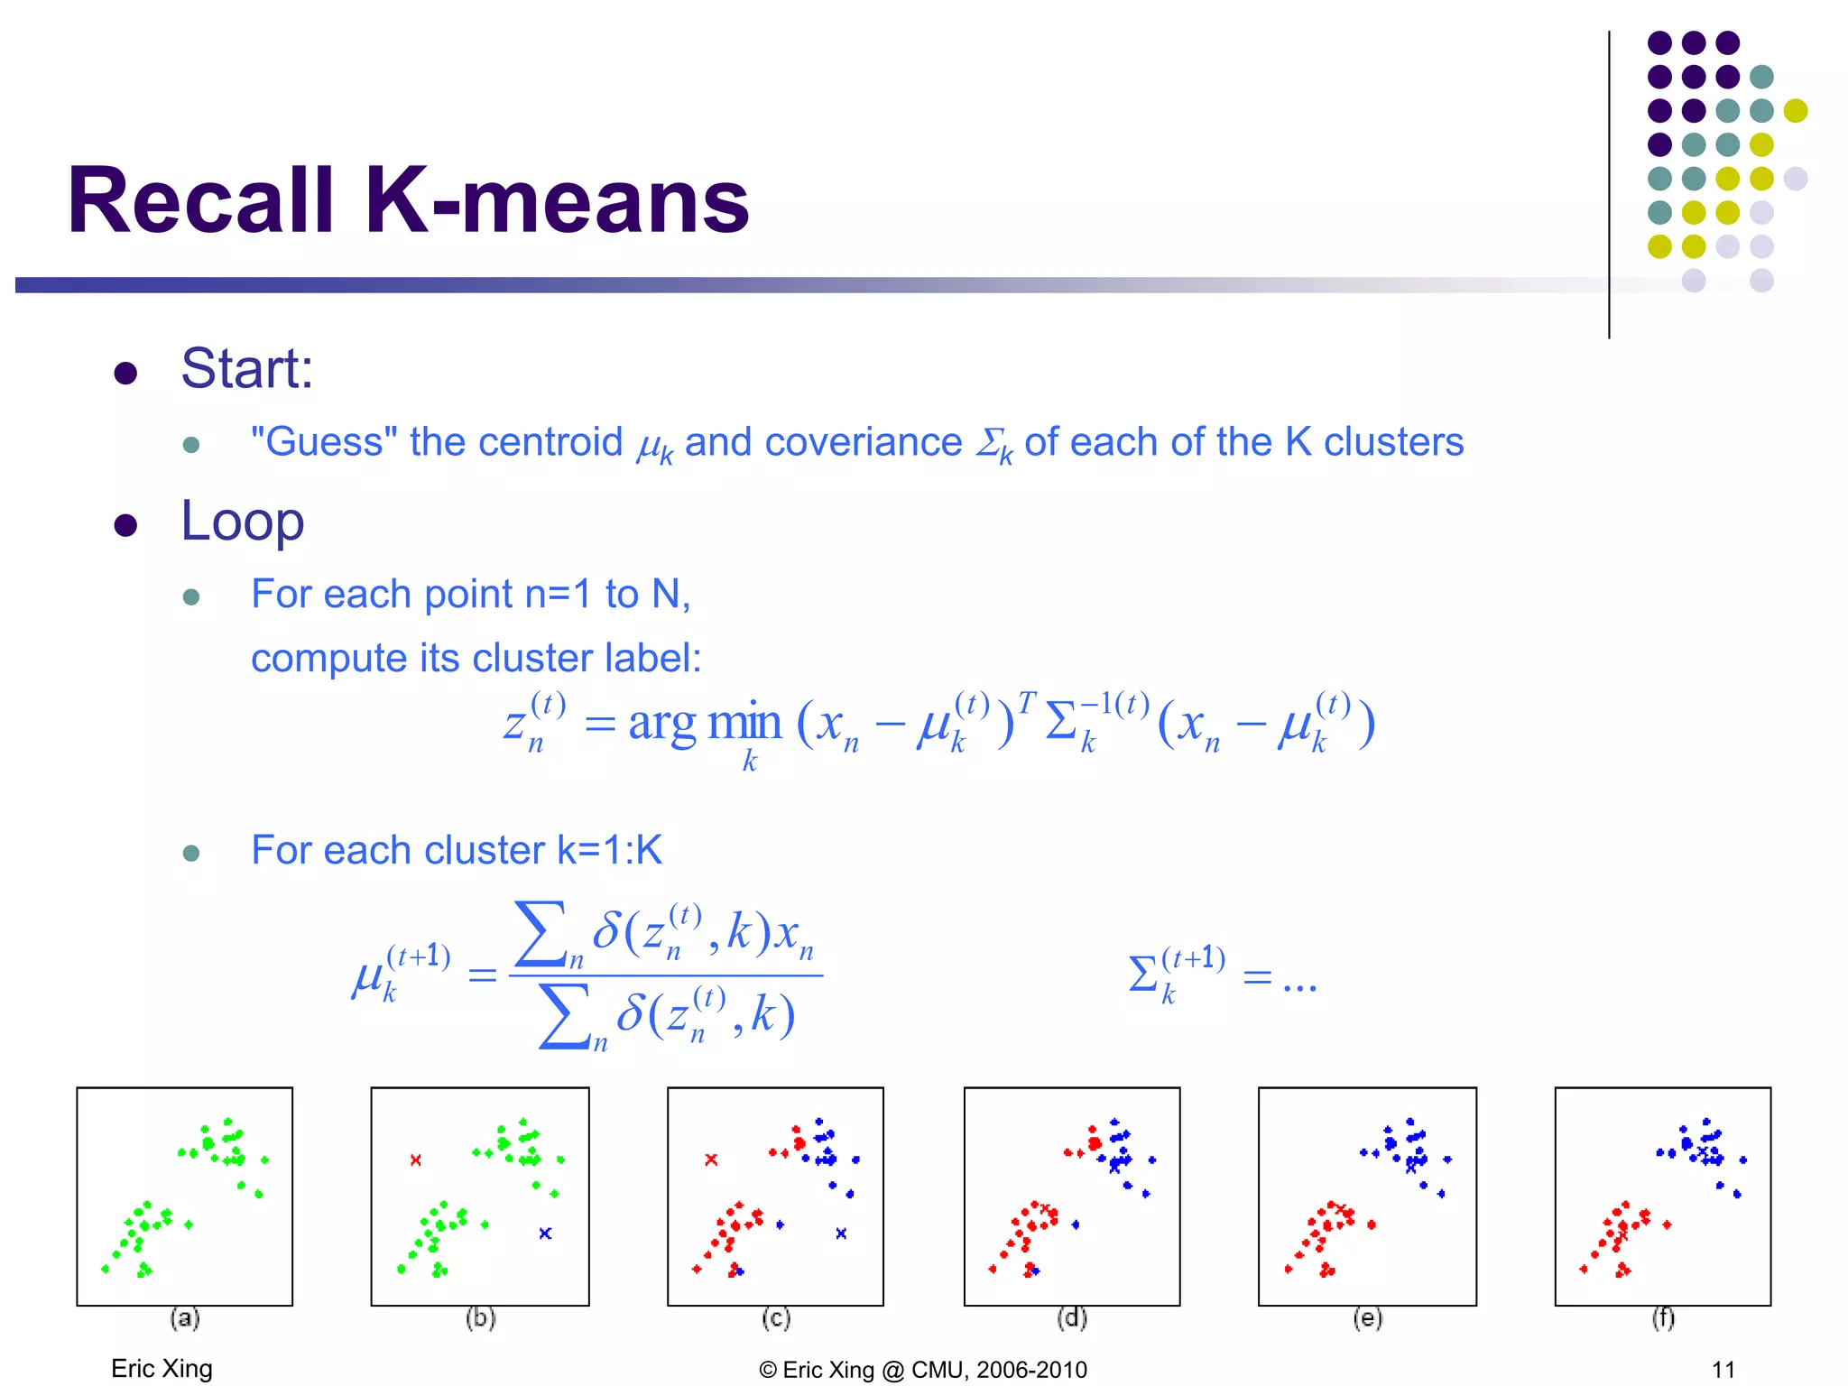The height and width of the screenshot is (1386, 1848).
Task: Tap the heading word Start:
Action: (x=246, y=369)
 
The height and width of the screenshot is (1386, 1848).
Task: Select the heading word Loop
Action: (x=242, y=522)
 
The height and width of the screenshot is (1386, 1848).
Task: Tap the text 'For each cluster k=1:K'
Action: (x=456, y=850)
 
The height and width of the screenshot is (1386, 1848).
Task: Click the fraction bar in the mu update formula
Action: (x=666, y=975)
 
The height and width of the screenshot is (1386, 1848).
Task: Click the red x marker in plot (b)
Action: (x=415, y=1160)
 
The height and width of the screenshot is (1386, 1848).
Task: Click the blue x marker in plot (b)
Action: (x=545, y=1233)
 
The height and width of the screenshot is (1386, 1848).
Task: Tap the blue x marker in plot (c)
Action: (x=841, y=1233)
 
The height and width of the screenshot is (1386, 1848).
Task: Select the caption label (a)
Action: (x=184, y=1318)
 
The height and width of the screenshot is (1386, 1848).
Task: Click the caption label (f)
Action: (x=1663, y=1318)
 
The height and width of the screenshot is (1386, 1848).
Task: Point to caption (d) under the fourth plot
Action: (x=1071, y=1318)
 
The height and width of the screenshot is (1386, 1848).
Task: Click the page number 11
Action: (x=1723, y=1369)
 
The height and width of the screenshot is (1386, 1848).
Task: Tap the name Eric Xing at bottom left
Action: (x=162, y=1368)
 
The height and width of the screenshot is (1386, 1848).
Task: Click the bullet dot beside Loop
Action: (x=125, y=525)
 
